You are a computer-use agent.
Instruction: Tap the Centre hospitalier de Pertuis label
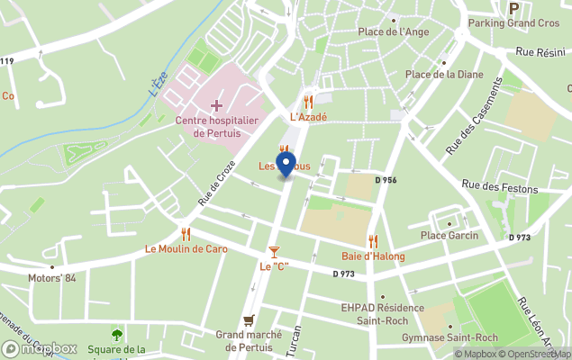coord(216,126)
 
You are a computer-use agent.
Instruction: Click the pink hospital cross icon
coord(216,106)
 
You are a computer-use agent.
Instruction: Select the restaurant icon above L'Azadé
coord(308,102)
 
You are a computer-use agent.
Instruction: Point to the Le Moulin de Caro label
coord(186,248)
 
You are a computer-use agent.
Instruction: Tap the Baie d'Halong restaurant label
coord(373,256)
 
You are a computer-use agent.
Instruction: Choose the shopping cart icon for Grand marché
coord(249,319)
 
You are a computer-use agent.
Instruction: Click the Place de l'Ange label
coord(393,31)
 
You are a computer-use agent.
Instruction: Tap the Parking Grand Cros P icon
coord(514,8)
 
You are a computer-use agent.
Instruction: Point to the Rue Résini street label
coord(540,53)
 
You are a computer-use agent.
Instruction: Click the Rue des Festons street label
coord(499,188)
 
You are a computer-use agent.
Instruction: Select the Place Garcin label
coord(449,236)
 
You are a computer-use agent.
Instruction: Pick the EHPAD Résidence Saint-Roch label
coord(382,313)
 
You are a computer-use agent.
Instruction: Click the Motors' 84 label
coord(52,278)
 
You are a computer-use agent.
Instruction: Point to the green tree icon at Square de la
coord(116,335)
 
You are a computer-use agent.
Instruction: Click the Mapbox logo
coord(40,348)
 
